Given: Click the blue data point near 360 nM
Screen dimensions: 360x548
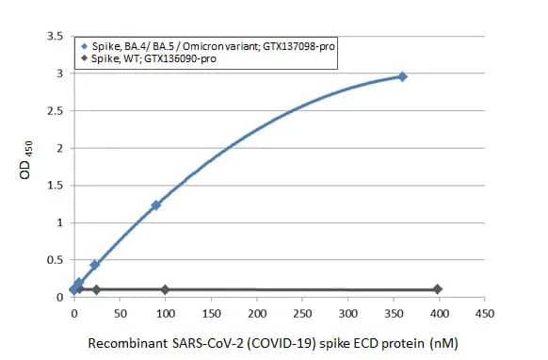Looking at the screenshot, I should [x=402, y=76].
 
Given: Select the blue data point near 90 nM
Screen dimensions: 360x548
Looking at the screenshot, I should [x=156, y=205].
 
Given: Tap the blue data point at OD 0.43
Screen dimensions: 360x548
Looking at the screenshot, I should [x=94, y=265].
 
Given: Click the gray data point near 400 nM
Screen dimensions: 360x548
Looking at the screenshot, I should [x=437, y=289].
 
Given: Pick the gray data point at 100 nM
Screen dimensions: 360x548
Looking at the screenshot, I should [x=165, y=289].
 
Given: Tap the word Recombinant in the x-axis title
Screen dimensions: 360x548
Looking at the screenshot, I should [x=129, y=343].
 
